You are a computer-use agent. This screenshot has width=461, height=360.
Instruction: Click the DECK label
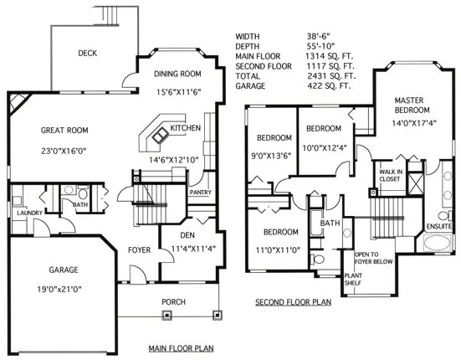click(x=89, y=53)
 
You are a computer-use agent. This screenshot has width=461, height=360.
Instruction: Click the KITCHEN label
click(x=186, y=128)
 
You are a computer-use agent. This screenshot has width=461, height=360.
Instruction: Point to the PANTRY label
click(x=200, y=193)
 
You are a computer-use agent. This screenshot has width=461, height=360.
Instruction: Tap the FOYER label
click(x=139, y=250)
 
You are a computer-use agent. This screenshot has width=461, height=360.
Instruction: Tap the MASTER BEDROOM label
click(x=413, y=105)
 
